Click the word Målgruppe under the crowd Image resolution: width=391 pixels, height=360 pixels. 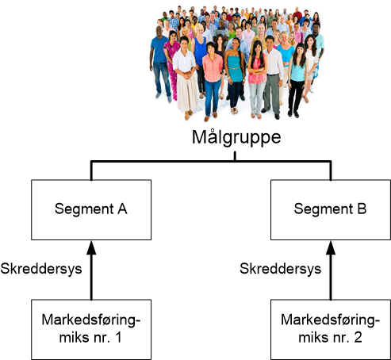tap(236, 137)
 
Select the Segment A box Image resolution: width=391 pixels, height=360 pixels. tap(91, 210)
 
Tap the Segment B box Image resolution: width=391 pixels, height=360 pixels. tap(331, 210)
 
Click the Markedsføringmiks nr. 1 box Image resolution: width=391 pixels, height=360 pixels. tap(91, 329)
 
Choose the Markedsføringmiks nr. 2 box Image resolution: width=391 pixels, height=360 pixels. tap(331, 329)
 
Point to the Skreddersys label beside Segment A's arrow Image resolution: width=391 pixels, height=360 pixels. tap(41, 269)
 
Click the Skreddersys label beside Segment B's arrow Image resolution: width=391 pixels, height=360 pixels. tap(281, 269)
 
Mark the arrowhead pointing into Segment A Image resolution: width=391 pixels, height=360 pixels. tap(91, 247)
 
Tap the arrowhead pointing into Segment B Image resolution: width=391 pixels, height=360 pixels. tap(331, 247)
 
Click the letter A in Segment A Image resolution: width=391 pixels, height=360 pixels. tap(122, 209)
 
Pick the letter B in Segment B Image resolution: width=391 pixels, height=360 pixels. tap(362, 209)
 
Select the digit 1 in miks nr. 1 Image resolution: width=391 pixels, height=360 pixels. tap(118, 337)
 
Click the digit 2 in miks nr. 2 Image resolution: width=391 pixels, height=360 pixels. tap(358, 337)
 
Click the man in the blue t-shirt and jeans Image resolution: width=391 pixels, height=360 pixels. tap(159, 63)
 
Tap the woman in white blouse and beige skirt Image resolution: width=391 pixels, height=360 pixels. tap(186, 77)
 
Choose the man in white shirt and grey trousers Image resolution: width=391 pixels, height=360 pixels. tap(272, 77)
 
